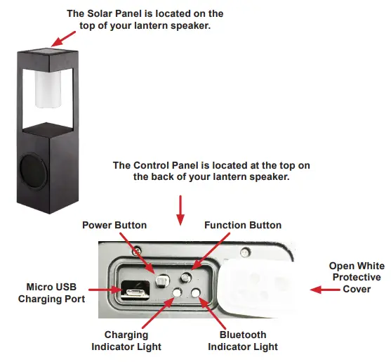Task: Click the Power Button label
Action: pos(114,225)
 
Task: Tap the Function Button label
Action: pos(242,225)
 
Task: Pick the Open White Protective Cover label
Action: pos(356,278)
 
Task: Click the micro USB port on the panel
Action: pos(129,289)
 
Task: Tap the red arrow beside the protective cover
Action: pos(311,288)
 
